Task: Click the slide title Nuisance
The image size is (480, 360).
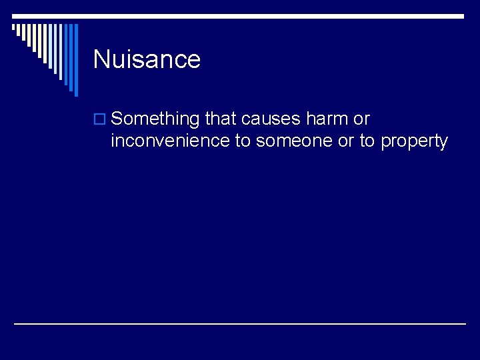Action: (147, 59)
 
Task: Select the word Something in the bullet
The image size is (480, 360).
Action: (155, 119)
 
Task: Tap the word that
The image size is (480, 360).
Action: (221, 119)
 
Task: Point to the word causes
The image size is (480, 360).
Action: (271, 119)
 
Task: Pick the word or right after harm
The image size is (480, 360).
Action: (362, 119)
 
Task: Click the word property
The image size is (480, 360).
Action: (414, 142)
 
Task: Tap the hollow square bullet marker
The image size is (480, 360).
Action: (100, 120)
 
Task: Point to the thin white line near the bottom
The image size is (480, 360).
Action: (240, 323)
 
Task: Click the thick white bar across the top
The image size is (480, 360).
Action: (240, 16)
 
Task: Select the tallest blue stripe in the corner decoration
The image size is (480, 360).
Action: (75, 60)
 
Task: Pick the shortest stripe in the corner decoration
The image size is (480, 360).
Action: (13, 29)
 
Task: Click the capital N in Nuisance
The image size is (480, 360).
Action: (101, 59)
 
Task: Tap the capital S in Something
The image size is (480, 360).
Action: (118, 119)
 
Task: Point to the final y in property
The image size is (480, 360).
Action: (443, 143)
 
